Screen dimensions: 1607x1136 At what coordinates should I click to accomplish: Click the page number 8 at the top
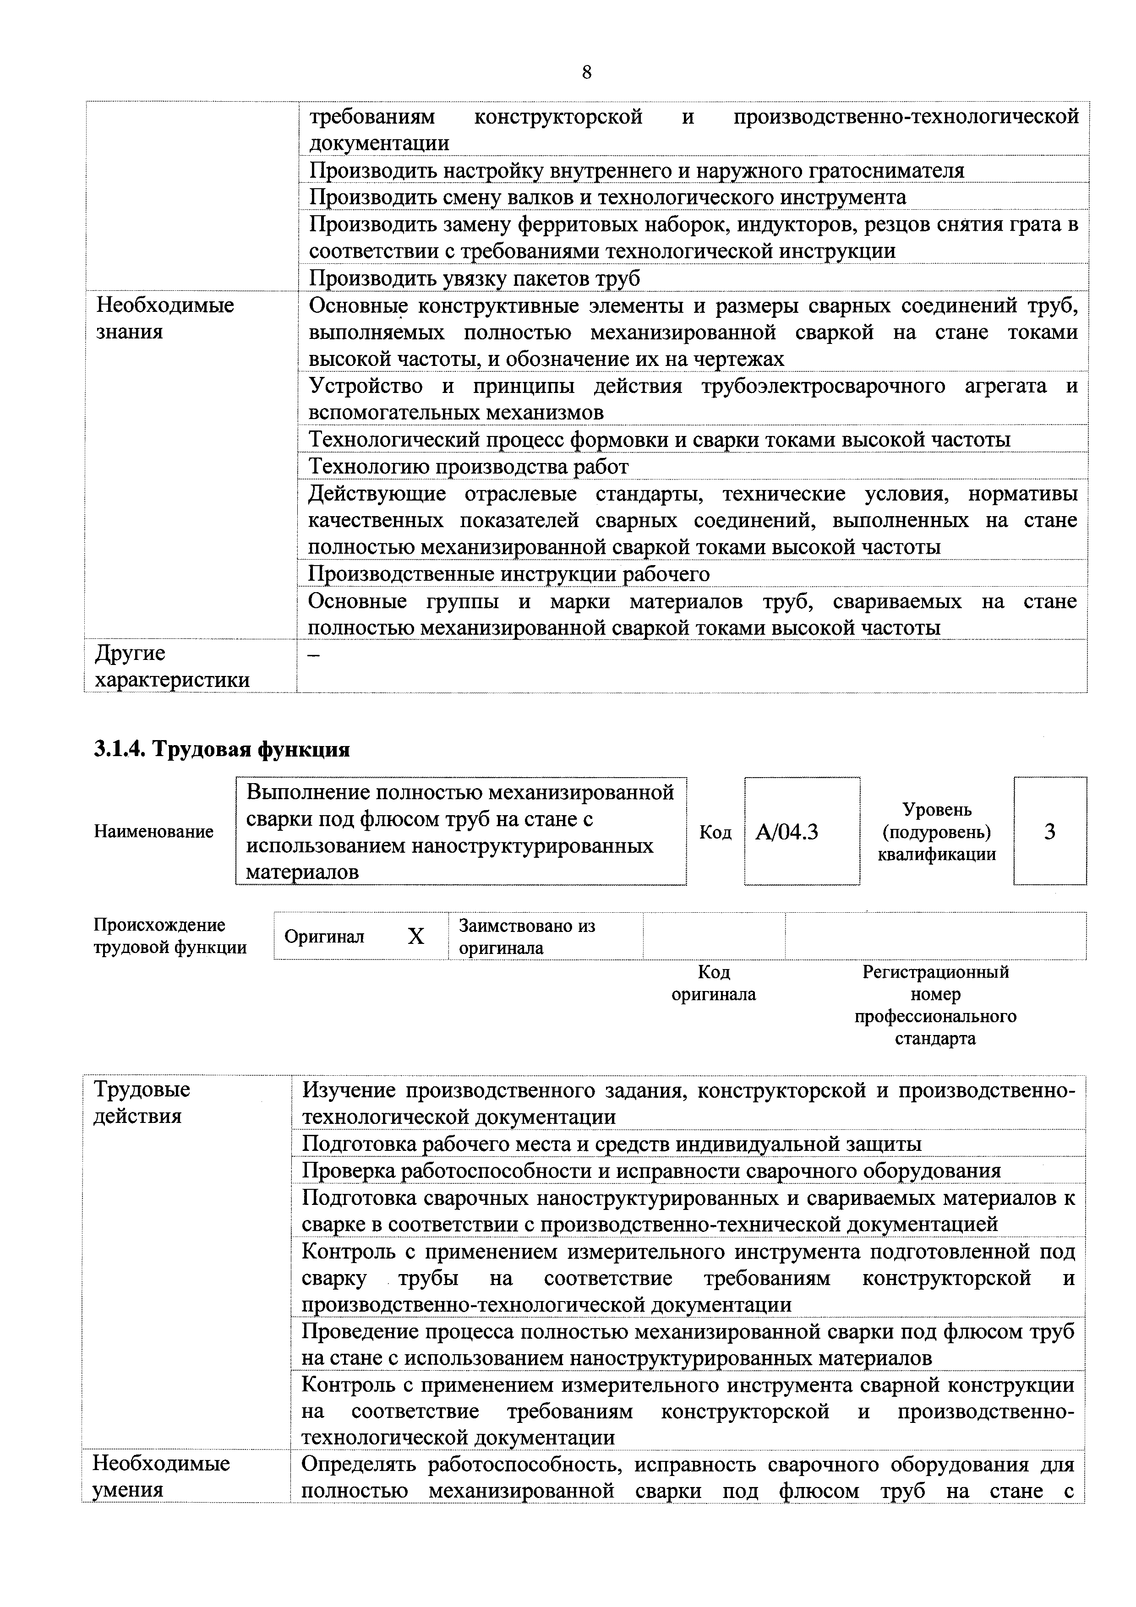point(586,72)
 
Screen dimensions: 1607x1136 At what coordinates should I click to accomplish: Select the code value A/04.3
point(787,832)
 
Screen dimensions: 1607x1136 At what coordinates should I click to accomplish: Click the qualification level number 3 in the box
point(1049,832)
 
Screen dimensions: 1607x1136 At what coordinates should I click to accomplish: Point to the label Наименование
point(153,832)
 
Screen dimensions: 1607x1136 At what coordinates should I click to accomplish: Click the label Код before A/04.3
point(715,832)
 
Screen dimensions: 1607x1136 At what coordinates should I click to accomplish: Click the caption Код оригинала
point(713,983)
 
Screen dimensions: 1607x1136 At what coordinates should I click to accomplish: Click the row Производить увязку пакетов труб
point(475,278)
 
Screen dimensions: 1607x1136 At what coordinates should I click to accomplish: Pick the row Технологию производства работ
point(468,466)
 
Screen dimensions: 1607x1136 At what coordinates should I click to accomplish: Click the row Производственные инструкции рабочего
point(509,574)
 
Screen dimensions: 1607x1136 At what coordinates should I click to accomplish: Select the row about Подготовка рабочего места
point(611,1144)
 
